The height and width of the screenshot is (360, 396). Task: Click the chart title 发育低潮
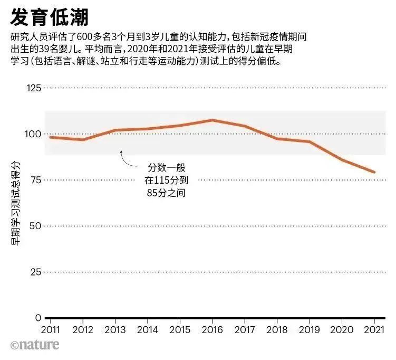pyautogui.click(x=49, y=17)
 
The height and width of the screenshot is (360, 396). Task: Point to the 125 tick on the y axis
pyautogui.click(x=34, y=88)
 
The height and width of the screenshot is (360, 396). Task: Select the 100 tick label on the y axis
pyautogui.click(x=34, y=134)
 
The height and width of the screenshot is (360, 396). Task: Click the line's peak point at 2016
pyautogui.click(x=212, y=120)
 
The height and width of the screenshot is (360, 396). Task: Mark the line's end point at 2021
pyautogui.click(x=374, y=172)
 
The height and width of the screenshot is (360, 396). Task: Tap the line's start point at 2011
pyautogui.click(x=51, y=137)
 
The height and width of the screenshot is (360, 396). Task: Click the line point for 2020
pyautogui.click(x=342, y=159)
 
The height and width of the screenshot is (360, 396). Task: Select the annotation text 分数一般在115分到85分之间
pyautogui.click(x=167, y=180)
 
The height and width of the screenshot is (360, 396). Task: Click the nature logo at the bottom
pyautogui.click(x=35, y=345)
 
